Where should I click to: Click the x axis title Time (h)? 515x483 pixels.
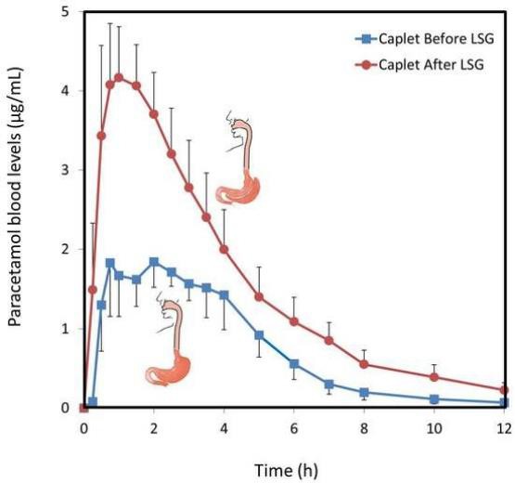pyautogui.click(x=293, y=469)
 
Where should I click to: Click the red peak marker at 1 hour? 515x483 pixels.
pyautogui.click(x=119, y=77)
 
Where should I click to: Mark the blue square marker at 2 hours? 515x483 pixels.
pyautogui.click(x=154, y=262)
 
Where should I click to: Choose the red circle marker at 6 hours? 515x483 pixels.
pyautogui.click(x=294, y=321)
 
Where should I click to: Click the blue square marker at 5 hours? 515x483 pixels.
pyautogui.click(x=259, y=334)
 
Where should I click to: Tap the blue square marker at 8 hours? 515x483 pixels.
pyautogui.click(x=364, y=392)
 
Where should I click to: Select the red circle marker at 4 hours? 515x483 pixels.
pyautogui.click(x=224, y=249)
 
